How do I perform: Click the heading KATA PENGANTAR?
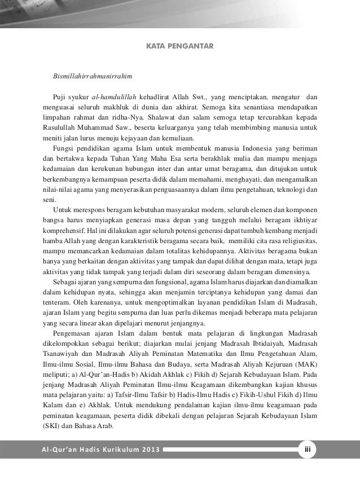pos(179,43)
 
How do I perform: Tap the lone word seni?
pos(50,201)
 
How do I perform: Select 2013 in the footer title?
pos(149,450)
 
